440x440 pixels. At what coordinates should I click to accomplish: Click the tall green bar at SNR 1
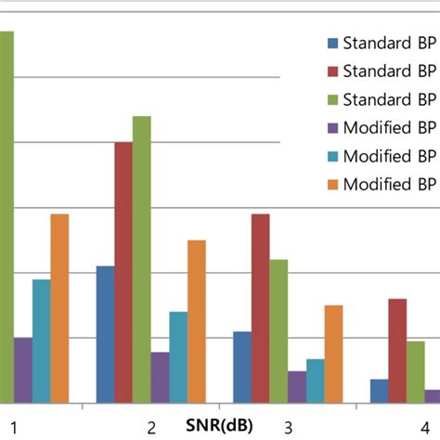(x=6, y=214)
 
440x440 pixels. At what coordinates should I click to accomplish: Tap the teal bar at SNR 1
(x=41, y=341)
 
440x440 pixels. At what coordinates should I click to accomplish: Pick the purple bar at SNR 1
(x=22, y=369)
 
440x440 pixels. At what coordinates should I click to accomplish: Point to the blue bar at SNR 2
(x=105, y=334)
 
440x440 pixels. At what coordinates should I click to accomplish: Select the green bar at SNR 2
(x=141, y=259)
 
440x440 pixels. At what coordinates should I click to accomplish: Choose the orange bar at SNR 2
(x=196, y=321)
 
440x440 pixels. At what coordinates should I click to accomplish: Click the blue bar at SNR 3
(x=241, y=367)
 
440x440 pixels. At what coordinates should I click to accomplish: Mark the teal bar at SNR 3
(x=315, y=381)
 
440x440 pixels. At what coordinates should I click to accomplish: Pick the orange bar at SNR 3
(x=333, y=354)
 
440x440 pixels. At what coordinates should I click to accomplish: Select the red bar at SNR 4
(x=397, y=350)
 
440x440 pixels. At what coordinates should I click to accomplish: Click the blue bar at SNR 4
(x=379, y=390)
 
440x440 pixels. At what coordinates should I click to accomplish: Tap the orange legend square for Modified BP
(x=331, y=184)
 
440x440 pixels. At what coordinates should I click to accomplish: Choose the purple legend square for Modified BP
(x=331, y=127)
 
